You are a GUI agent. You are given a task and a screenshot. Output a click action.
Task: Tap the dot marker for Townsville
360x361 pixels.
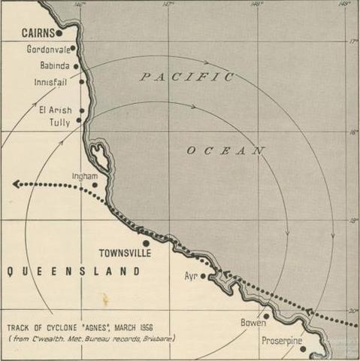146,243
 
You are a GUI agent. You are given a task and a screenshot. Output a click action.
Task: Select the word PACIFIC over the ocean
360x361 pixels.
186,77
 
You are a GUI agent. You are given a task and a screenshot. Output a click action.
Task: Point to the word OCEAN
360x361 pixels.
225,151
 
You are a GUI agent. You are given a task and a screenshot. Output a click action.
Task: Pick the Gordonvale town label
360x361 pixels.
48,50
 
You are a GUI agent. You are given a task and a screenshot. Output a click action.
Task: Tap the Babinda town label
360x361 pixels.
54,65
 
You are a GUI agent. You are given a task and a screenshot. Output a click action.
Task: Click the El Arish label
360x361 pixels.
55,110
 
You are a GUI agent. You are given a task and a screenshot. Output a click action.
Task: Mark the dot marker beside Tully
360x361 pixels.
79,120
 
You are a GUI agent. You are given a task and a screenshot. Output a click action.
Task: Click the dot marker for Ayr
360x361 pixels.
203,276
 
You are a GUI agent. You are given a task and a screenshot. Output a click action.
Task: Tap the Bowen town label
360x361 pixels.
253,323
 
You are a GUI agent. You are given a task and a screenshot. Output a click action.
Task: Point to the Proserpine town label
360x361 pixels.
282,341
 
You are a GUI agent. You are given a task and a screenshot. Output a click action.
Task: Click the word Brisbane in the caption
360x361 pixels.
158,338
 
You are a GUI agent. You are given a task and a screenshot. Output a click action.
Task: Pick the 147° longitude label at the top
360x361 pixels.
168,5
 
